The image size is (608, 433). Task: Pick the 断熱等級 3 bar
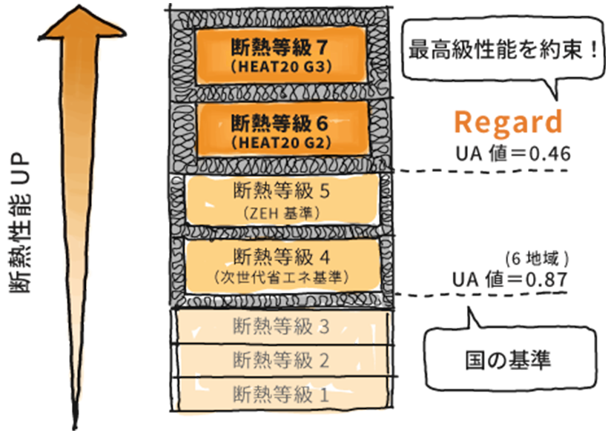[282, 326]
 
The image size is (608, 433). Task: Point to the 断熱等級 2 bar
[282, 360]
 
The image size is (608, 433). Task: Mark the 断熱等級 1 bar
[282, 392]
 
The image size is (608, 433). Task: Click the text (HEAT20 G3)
[280, 67]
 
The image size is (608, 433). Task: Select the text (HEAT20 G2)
[280, 141]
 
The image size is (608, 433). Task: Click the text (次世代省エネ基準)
[280, 277]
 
